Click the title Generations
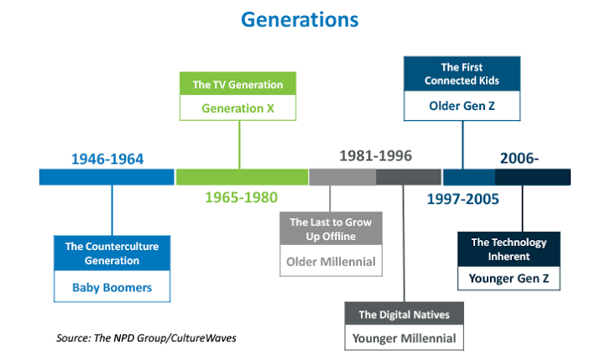(x=300, y=20)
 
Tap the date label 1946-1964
(x=107, y=159)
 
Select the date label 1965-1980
(x=242, y=197)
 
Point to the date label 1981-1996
(x=375, y=156)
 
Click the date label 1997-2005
(x=463, y=199)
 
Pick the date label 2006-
(x=519, y=158)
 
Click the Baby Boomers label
(x=112, y=287)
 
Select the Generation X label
(x=238, y=108)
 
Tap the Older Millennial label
(x=331, y=262)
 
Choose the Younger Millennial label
(x=404, y=338)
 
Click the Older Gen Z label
(x=462, y=106)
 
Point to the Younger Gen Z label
(x=509, y=278)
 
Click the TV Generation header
(x=238, y=85)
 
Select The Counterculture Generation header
(x=112, y=253)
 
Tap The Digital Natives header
(x=404, y=315)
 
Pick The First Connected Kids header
(x=462, y=74)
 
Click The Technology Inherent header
(x=509, y=249)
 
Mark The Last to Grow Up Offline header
(x=331, y=229)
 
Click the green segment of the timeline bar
(x=242, y=177)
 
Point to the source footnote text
(x=146, y=338)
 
